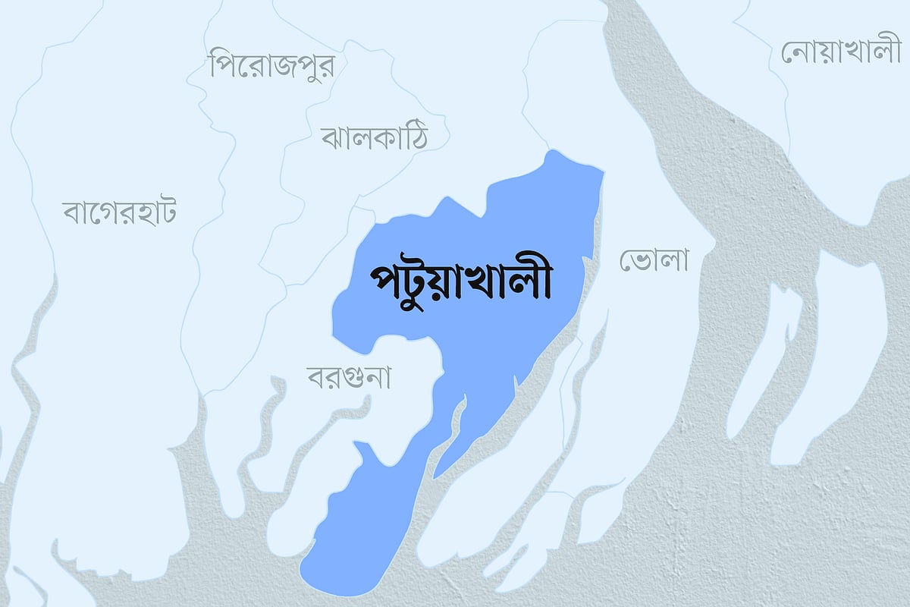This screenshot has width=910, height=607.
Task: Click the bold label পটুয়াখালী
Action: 460,282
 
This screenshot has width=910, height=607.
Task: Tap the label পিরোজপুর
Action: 272,64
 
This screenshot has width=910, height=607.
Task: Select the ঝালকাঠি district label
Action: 375,137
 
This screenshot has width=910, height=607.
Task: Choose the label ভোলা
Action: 654,260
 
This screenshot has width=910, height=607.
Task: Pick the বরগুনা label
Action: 349,376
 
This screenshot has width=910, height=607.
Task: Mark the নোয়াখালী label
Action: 839,52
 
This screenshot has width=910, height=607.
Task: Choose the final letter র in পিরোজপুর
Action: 326,65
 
